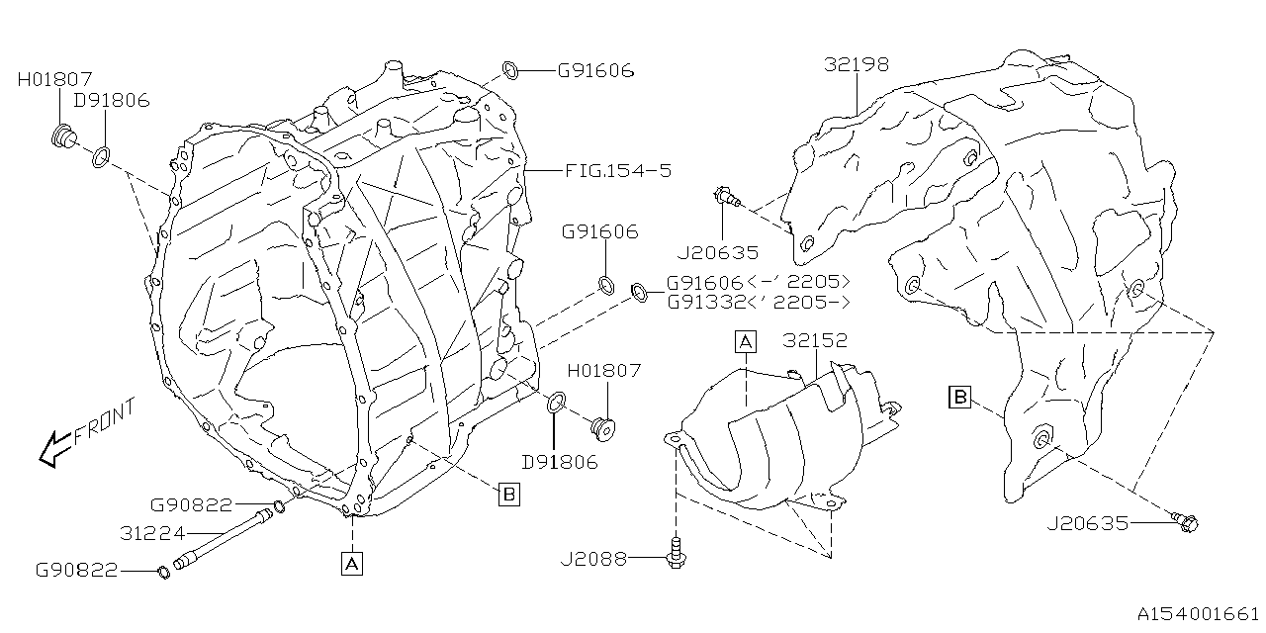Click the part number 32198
point(857,65)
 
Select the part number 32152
point(816,341)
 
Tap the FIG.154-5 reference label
point(618,171)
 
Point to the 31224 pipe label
point(152,533)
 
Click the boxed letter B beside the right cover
point(958,398)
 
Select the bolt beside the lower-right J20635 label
point(1185,520)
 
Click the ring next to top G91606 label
point(510,69)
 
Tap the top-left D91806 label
point(111,101)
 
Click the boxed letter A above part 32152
point(745,342)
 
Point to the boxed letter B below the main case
point(508,496)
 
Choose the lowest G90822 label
point(77,570)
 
